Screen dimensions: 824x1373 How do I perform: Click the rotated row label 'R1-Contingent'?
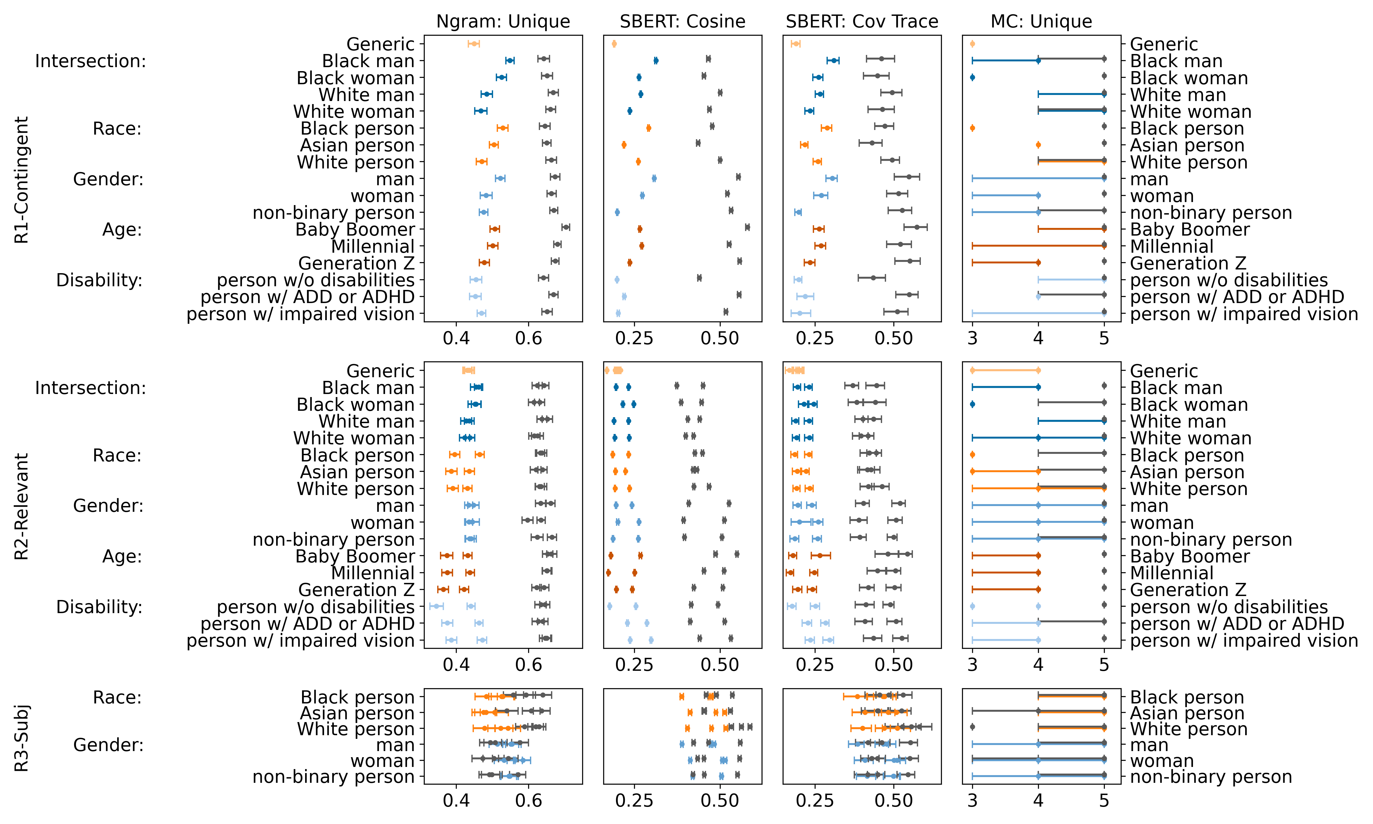[x=21, y=179]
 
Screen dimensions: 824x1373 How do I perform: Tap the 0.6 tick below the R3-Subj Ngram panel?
[x=528, y=801]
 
